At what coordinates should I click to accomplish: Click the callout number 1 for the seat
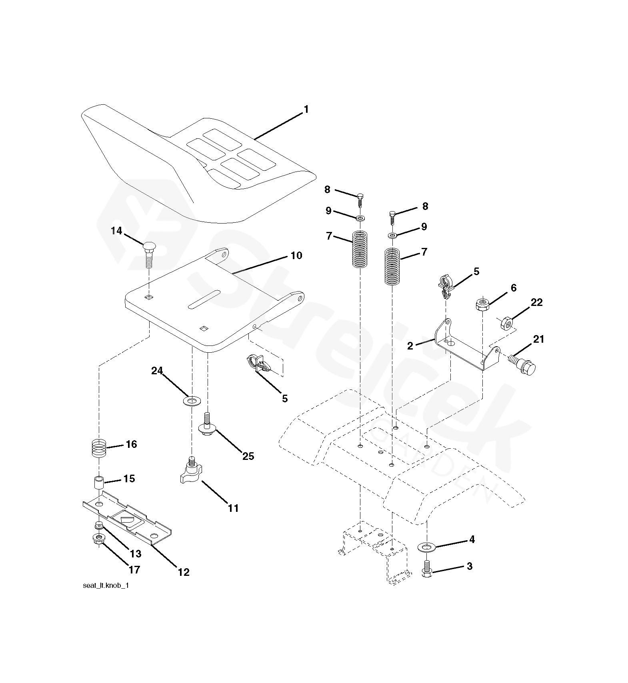pos(306,109)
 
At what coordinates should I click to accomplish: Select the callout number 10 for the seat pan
pos(296,255)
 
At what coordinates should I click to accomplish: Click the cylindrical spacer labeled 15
pos(98,482)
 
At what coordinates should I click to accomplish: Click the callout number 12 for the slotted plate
pos(184,572)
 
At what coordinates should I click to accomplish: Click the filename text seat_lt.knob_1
pos(106,586)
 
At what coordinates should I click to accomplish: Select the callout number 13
pos(136,553)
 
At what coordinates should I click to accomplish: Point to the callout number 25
pos(248,456)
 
